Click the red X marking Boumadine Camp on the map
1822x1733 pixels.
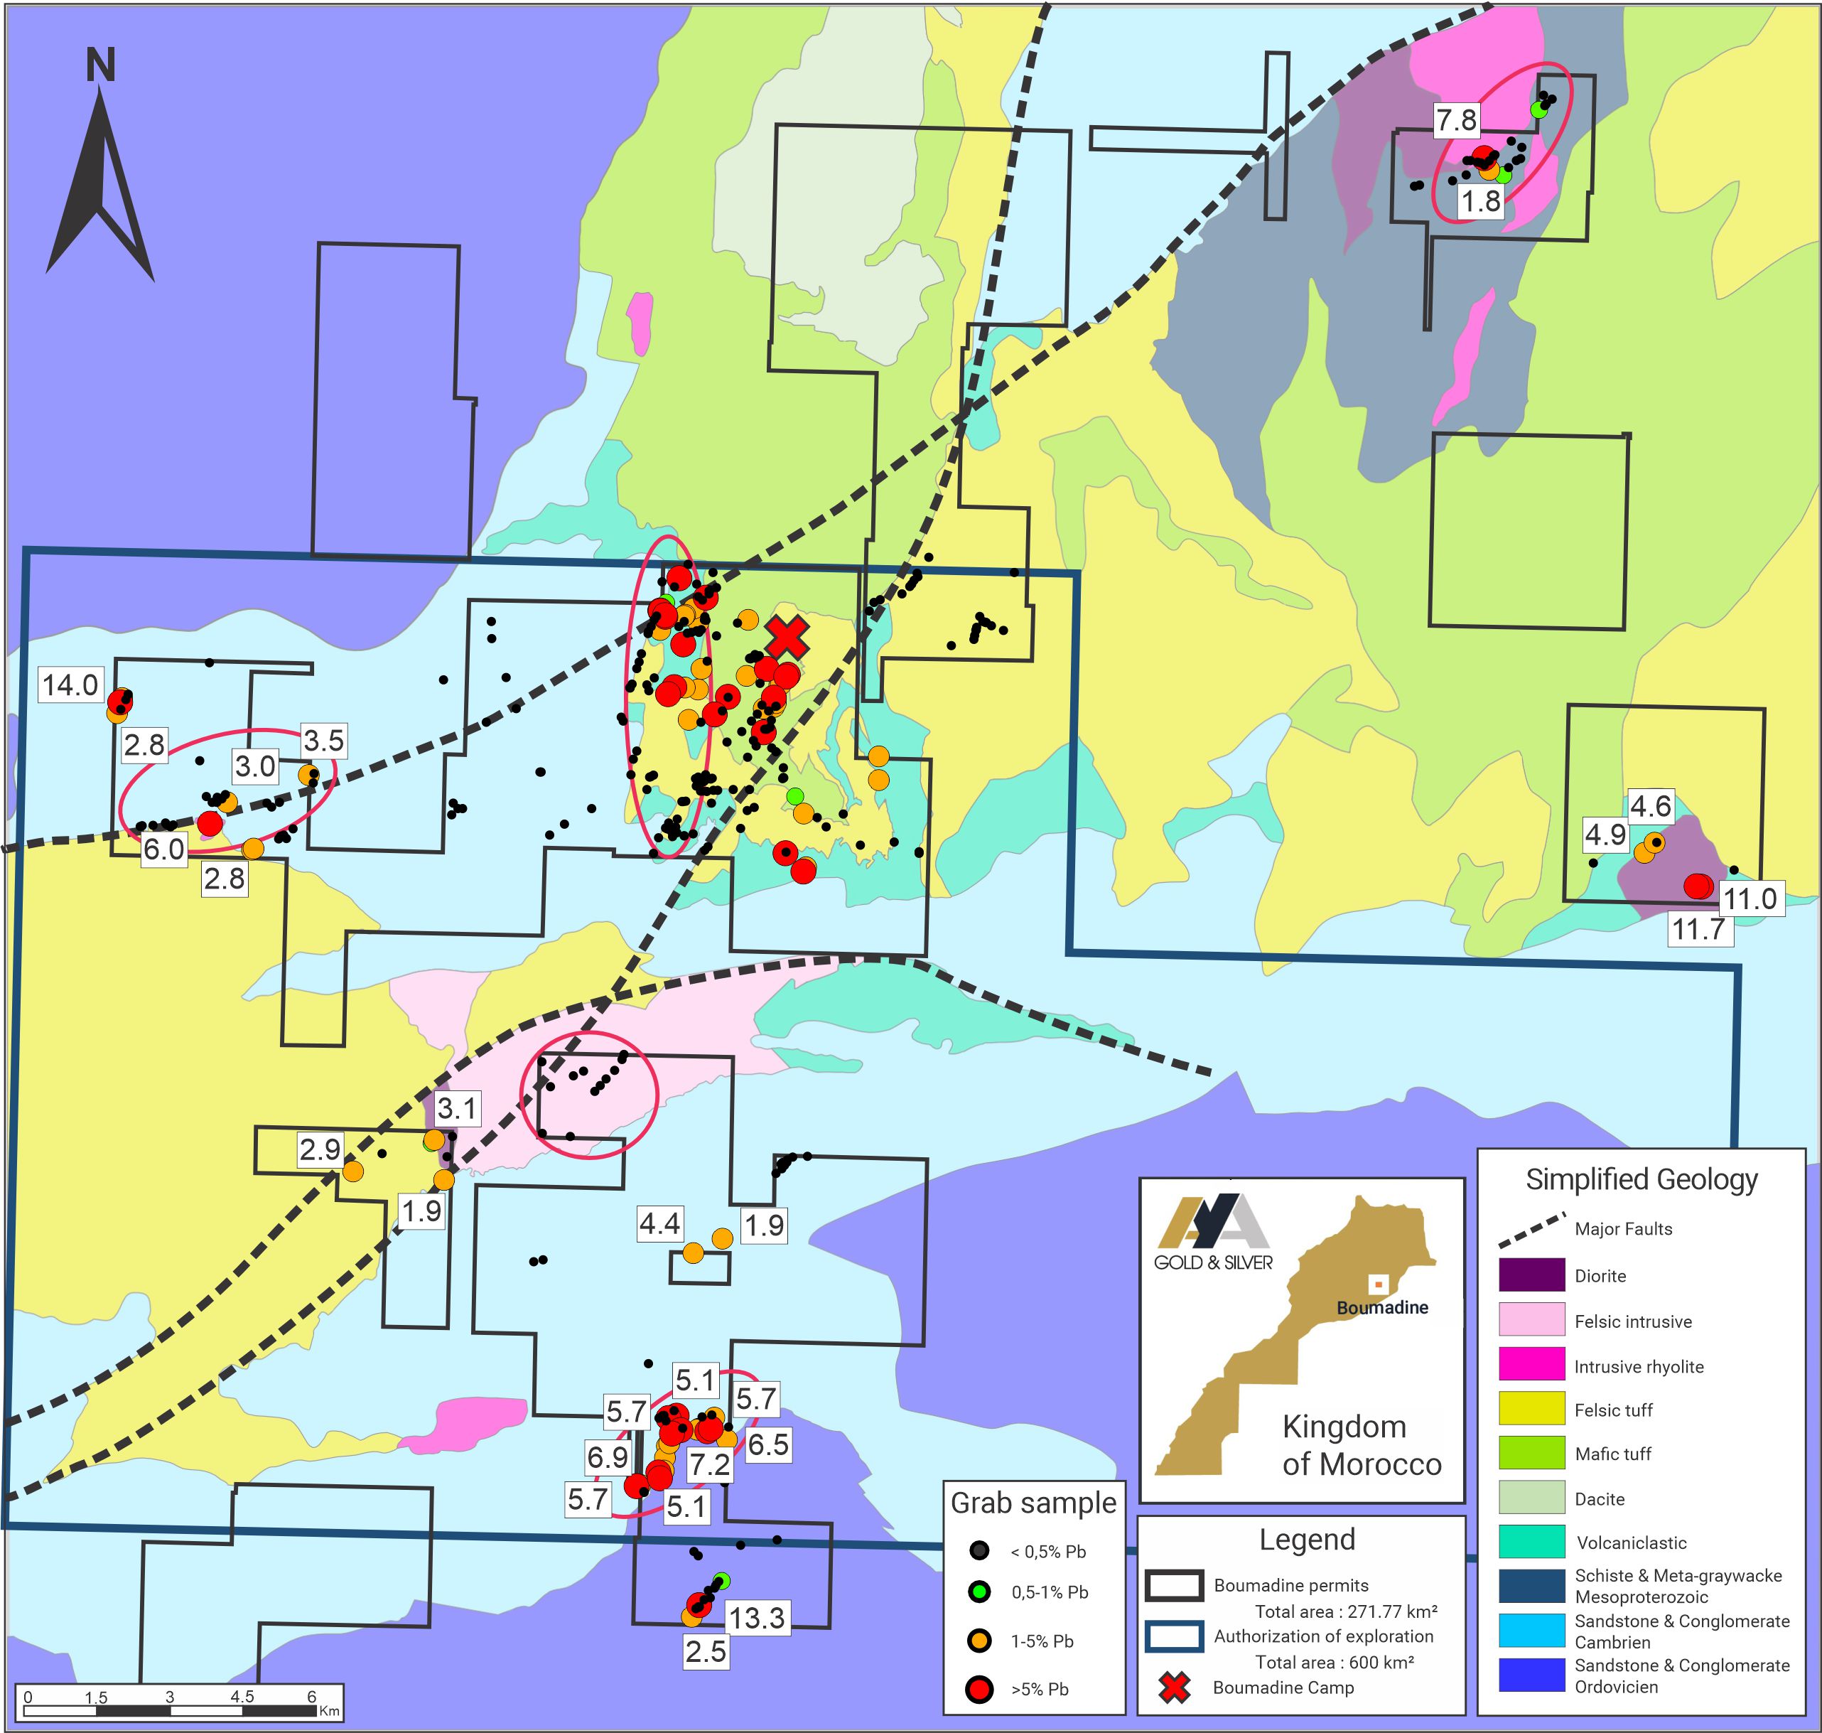click(787, 638)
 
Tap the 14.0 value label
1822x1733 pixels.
click(70, 685)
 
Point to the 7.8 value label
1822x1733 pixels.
click(1456, 120)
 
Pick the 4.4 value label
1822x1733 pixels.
click(659, 1224)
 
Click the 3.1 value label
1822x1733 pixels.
click(456, 1107)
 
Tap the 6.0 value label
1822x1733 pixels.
click(163, 849)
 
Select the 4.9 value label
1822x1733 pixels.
click(1605, 835)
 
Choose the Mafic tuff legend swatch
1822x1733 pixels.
click(1531, 1453)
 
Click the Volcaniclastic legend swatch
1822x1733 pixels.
click(1531, 1542)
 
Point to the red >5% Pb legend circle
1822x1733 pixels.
click(979, 1689)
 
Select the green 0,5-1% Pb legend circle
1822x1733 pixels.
click(979, 1592)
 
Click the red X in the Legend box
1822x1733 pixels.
click(1173, 1688)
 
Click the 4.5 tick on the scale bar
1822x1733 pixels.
click(242, 1696)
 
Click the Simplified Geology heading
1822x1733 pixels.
click(1641, 1180)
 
